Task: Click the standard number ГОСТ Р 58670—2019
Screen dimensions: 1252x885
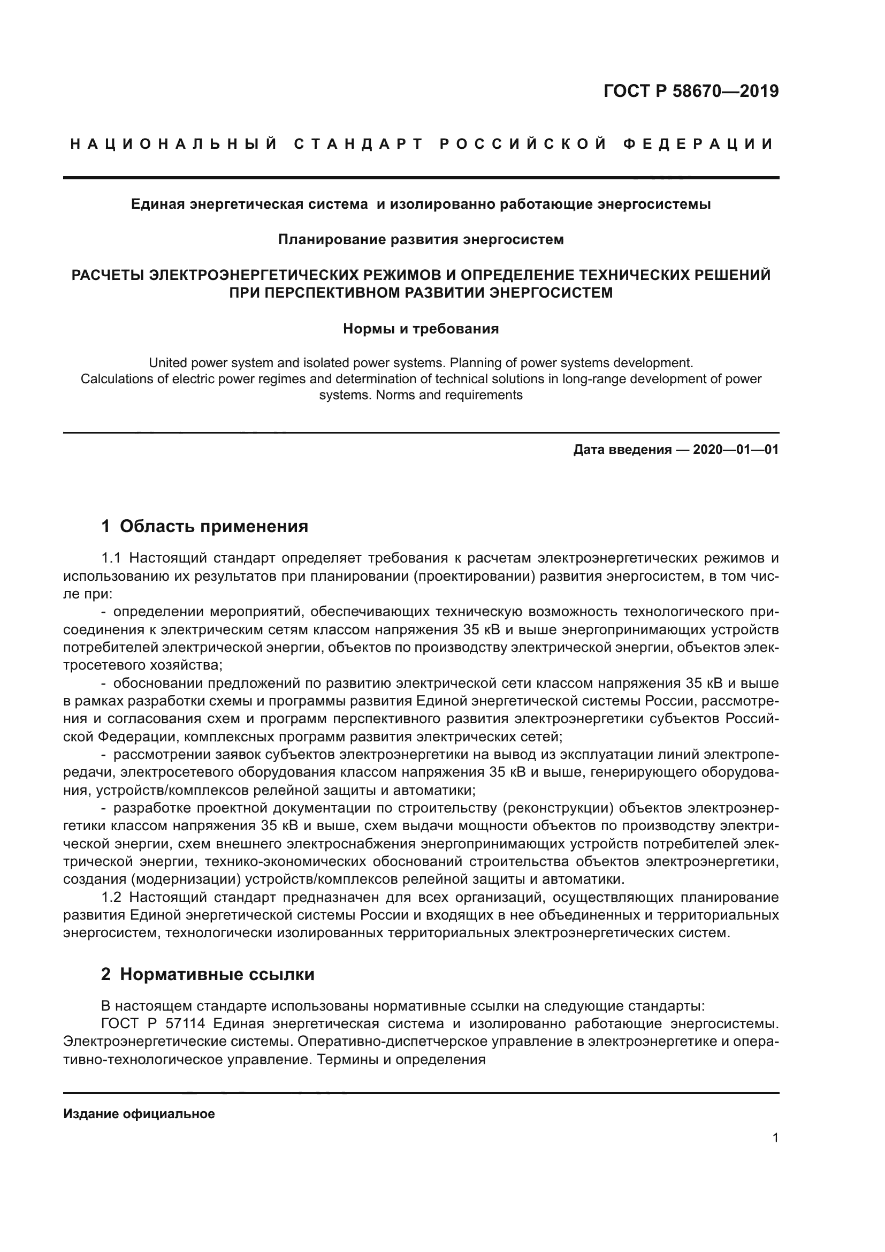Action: point(690,91)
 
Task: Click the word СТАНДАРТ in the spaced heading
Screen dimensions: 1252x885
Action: point(358,144)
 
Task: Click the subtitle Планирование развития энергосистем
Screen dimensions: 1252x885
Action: point(421,239)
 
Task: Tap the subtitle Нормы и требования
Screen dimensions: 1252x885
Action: point(421,329)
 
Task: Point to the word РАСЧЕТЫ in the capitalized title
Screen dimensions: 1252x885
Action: point(109,275)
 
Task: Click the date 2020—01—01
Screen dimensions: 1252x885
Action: point(735,450)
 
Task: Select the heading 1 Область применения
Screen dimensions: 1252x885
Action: point(205,526)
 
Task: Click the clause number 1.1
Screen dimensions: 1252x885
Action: point(111,558)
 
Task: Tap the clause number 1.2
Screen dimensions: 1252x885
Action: point(111,897)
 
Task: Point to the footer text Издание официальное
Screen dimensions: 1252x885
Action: point(139,1114)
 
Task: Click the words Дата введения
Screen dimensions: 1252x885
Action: point(622,450)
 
